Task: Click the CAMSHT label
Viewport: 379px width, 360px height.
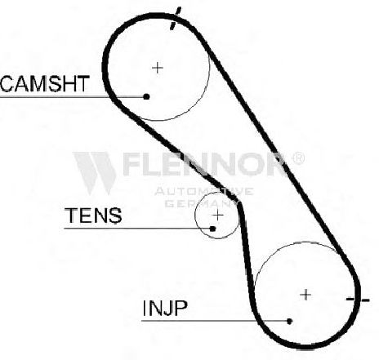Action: tap(45, 83)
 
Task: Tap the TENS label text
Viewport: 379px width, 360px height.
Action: tap(93, 215)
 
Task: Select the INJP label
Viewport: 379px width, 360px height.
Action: tap(165, 308)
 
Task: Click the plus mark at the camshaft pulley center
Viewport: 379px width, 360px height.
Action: tap(158, 68)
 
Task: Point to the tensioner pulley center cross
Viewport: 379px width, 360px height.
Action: tap(218, 216)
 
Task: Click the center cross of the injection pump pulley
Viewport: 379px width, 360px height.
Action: tap(305, 295)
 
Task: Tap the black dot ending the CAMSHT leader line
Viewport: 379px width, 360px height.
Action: tap(146, 96)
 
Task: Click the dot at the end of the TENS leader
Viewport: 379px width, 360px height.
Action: tap(213, 229)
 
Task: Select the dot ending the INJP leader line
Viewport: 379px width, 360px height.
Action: tap(289, 321)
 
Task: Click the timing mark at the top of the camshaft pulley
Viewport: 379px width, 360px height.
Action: tap(175, 19)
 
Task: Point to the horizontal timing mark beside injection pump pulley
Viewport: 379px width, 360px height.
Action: tap(358, 300)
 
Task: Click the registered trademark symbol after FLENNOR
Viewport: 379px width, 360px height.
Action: tap(297, 158)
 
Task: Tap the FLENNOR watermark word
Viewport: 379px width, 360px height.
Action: tap(203, 164)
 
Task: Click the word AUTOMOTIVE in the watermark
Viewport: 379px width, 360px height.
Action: tap(204, 191)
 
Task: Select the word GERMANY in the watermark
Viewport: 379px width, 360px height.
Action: tap(201, 203)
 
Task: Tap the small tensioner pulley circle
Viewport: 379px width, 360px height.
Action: tap(195, 216)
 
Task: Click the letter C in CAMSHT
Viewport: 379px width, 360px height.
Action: tap(7, 83)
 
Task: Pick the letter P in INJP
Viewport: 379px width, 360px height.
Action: tap(181, 308)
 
